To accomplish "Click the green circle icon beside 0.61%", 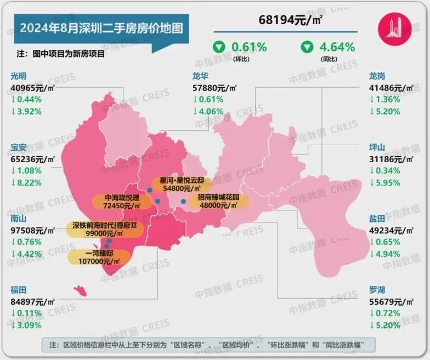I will click(x=219, y=47).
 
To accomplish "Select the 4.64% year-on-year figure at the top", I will click(x=335, y=47).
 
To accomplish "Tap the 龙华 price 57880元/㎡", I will click(x=214, y=88).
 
